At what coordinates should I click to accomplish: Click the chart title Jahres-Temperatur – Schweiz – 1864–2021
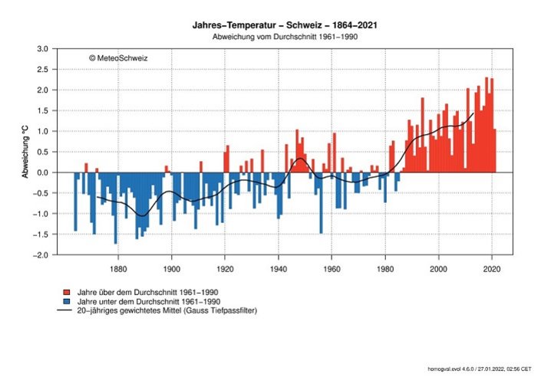pos(284,25)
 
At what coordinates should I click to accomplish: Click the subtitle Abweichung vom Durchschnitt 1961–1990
pos(285,36)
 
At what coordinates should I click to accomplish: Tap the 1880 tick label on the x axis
pos(118,269)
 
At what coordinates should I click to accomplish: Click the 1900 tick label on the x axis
pos(171,269)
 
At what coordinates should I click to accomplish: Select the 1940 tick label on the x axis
pos(278,269)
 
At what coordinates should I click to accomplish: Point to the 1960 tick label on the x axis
pos(332,269)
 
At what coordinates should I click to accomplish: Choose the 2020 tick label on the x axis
pos(492,269)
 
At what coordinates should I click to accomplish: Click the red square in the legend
pos(68,293)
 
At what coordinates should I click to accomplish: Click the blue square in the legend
pos(68,302)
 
